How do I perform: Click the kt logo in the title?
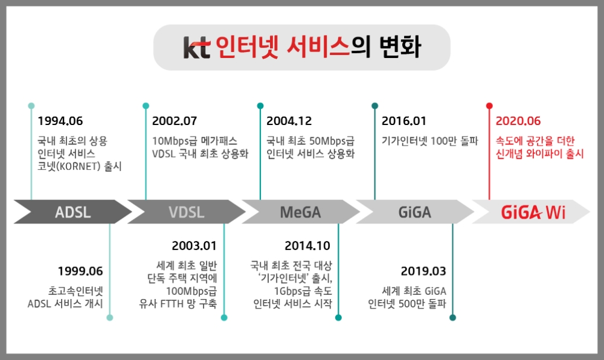(197, 47)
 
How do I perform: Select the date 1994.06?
(60, 121)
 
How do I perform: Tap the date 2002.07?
(175, 121)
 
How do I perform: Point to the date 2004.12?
(289, 121)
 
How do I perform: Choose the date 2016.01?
(403, 121)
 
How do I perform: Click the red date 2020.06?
(518, 121)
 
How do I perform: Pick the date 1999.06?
(80, 271)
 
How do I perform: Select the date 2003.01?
(194, 246)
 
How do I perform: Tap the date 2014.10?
(307, 246)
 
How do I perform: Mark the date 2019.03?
(423, 271)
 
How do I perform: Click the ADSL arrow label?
(73, 212)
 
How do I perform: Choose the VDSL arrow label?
(187, 212)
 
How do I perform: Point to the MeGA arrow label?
(300, 212)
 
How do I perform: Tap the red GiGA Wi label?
(533, 212)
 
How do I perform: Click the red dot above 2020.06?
(489, 106)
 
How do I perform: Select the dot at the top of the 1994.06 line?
(31, 106)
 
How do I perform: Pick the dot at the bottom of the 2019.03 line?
(452, 318)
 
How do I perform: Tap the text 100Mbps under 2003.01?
(191, 291)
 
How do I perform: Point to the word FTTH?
(172, 304)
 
